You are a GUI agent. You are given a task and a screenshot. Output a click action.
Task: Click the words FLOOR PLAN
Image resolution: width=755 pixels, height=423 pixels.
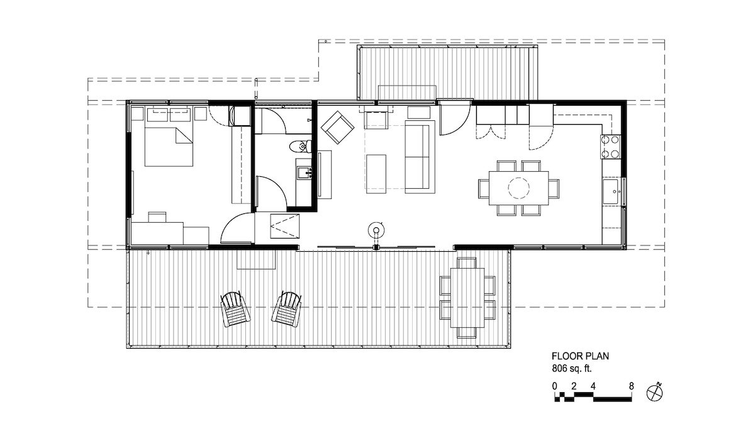coord(580,356)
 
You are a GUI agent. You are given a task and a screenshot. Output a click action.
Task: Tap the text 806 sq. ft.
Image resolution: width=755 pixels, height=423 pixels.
coord(572,369)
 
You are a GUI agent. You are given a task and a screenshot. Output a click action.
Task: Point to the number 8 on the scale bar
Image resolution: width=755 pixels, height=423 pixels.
coord(631,386)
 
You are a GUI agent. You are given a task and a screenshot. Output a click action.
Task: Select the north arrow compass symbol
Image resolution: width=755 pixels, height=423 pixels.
coord(655,393)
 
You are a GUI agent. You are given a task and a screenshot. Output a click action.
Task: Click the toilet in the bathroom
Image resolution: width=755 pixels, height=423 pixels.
coord(301,147)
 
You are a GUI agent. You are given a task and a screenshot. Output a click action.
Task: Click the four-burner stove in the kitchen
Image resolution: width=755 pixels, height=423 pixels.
coord(611,147)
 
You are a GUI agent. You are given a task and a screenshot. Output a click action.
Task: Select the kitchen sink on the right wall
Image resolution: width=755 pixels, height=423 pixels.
coord(611,191)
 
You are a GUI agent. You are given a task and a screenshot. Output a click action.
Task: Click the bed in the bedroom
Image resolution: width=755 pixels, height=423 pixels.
coord(169,147)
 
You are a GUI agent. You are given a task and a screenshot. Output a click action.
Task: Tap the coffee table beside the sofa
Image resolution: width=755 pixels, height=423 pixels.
coord(376,174)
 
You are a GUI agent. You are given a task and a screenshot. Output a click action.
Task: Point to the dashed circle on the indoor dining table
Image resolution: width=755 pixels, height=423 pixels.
coord(518,188)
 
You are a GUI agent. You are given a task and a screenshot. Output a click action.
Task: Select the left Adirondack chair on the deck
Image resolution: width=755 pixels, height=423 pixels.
coord(235,309)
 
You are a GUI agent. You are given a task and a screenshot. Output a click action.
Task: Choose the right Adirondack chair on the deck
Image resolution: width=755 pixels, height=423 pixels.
coord(286,309)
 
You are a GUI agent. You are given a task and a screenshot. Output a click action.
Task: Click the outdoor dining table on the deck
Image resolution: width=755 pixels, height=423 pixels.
coord(467,298)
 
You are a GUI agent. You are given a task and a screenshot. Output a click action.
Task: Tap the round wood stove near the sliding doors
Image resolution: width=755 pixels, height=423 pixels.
coord(376,231)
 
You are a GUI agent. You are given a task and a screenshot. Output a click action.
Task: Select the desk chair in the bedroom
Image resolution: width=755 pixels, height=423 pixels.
coord(157,217)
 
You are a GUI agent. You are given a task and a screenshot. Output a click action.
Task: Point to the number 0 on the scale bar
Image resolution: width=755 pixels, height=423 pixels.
coord(555,386)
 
